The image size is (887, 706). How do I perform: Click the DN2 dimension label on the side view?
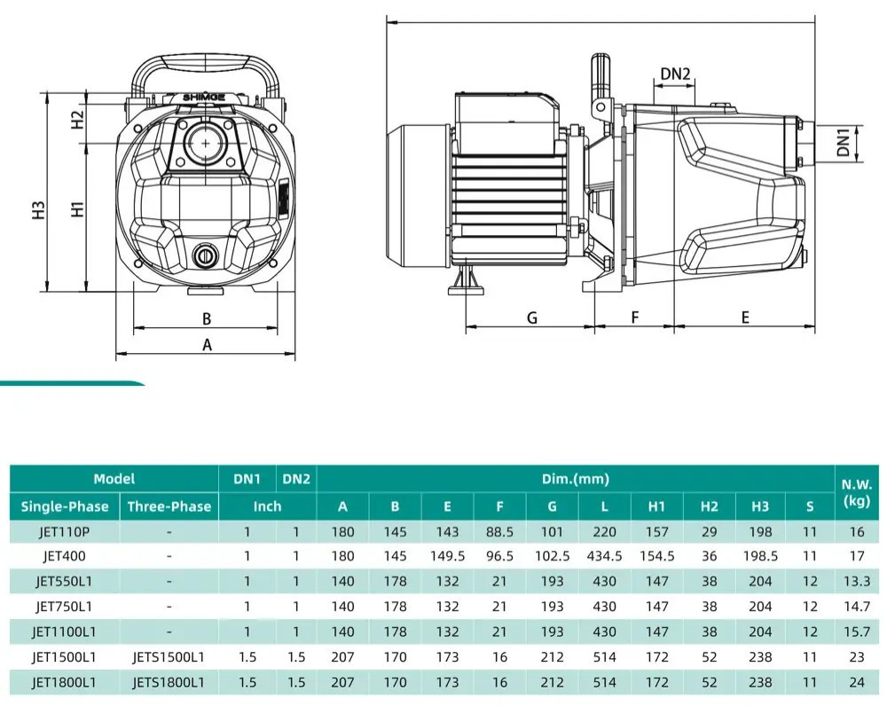point(675,74)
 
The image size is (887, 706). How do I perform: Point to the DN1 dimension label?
point(844,142)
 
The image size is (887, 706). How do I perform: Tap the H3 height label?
point(37,210)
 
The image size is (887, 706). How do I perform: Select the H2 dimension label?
point(77,119)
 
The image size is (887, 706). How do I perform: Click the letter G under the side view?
point(531,318)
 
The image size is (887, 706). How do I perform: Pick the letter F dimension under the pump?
point(635,318)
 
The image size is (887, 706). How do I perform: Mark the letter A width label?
point(207,344)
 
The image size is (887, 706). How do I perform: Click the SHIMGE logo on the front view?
point(204,98)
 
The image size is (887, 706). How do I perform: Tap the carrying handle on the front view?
point(206,62)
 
